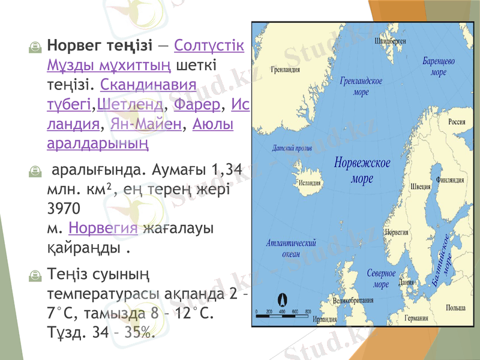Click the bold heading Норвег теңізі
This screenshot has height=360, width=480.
(101, 45)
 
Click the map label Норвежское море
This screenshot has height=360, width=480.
(362, 170)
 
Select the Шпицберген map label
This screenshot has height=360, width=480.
(390, 41)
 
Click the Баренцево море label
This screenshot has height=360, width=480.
(439, 67)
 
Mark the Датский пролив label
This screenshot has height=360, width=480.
(292, 146)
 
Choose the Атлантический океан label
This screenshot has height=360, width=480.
(291, 248)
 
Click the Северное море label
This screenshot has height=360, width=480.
(381, 278)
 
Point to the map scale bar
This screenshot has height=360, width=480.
(283, 313)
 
